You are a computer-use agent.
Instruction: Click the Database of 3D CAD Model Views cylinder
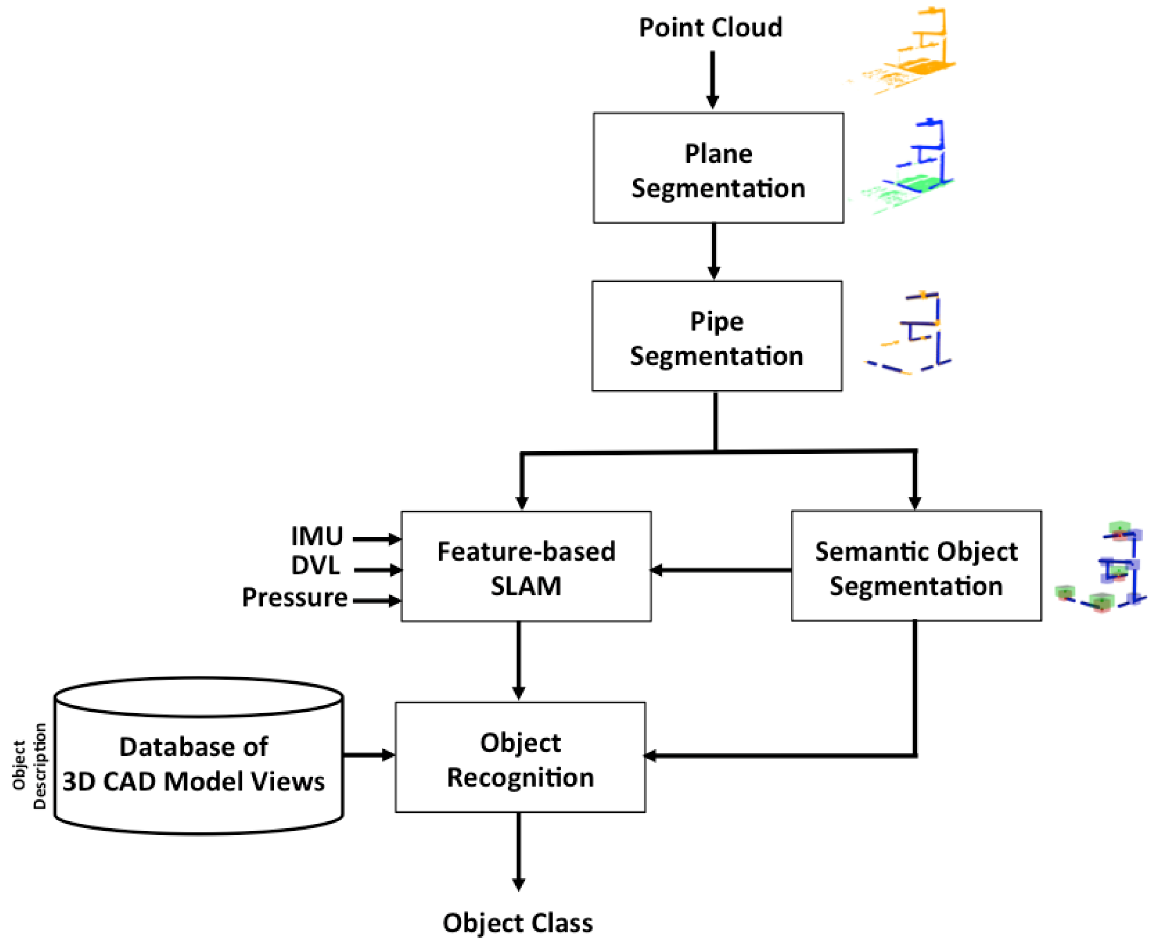pyautogui.click(x=198, y=761)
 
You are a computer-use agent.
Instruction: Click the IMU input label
pyautogui.click(x=317, y=537)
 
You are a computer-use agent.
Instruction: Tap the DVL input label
pyautogui.click(x=315, y=566)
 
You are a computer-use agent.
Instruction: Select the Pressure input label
pyautogui.click(x=295, y=598)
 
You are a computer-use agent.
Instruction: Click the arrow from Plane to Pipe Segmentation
pyautogui.click(x=714, y=251)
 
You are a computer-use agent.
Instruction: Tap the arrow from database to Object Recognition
pyautogui.click(x=369, y=754)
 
